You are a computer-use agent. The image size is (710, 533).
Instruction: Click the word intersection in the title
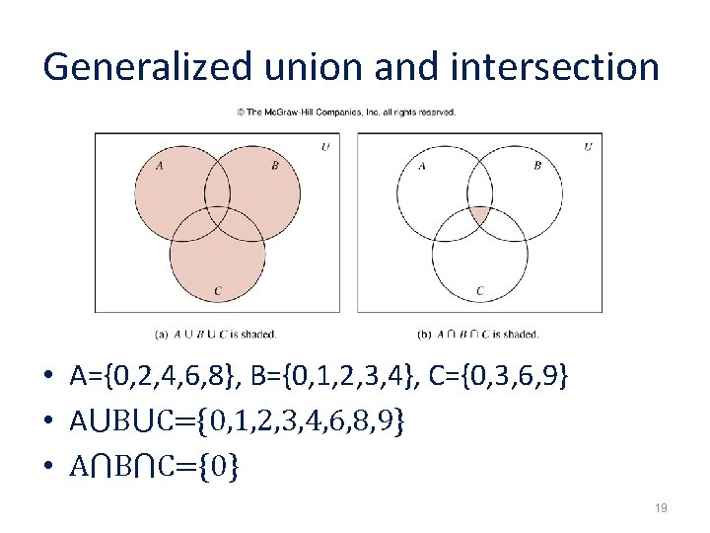click(555, 66)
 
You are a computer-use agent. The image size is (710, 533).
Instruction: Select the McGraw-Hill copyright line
click(346, 113)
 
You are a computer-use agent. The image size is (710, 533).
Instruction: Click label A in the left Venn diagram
click(159, 165)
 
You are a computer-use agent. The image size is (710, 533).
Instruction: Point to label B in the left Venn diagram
click(275, 165)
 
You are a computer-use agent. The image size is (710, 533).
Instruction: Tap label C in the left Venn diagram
click(217, 291)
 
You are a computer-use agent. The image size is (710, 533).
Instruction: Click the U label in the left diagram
click(325, 148)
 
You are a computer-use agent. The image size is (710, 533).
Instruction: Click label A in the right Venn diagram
click(422, 165)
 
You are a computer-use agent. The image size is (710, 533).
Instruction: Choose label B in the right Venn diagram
click(537, 165)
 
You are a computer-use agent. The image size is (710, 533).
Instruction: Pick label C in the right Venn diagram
click(480, 291)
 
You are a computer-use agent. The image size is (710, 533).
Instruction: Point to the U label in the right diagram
click(589, 148)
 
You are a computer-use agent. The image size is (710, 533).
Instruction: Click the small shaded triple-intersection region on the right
click(479, 215)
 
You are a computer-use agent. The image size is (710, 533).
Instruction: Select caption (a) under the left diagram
click(216, 334)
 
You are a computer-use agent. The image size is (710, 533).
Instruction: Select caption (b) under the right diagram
click(479, 334)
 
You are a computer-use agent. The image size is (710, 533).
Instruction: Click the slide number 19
click(661, 508)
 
